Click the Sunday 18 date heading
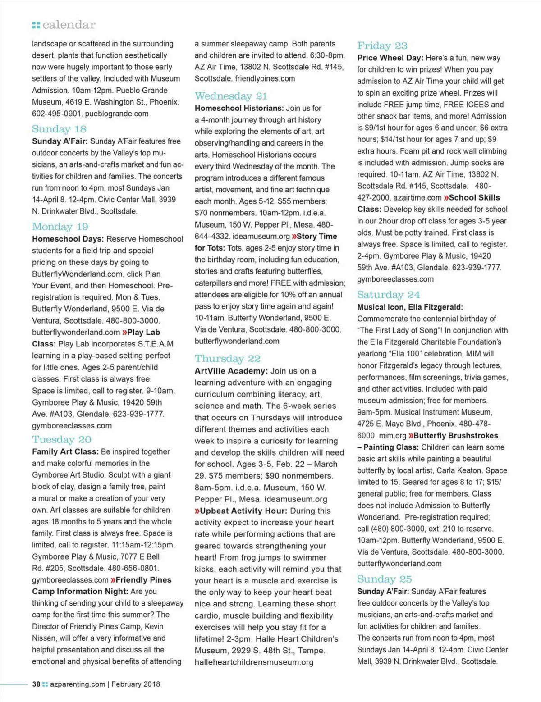(59, 129)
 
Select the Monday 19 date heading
(60, 227)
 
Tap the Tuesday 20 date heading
(62, 439)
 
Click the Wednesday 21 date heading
(231, 96)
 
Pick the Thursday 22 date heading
(228, 359)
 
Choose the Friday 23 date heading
(382, 46)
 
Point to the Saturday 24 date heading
(389, 295)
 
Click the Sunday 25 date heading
(385, 579)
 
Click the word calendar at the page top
(69, 25)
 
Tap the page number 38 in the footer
(36, 684)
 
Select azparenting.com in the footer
(78, 684)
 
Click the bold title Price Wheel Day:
(390, 58)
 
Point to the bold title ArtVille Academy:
(231, 371)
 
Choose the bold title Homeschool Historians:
(239, 108)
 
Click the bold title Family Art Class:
(65, 451)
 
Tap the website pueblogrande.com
(117, 114)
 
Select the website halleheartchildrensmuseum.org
(254, 662)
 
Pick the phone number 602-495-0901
(56, 114)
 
